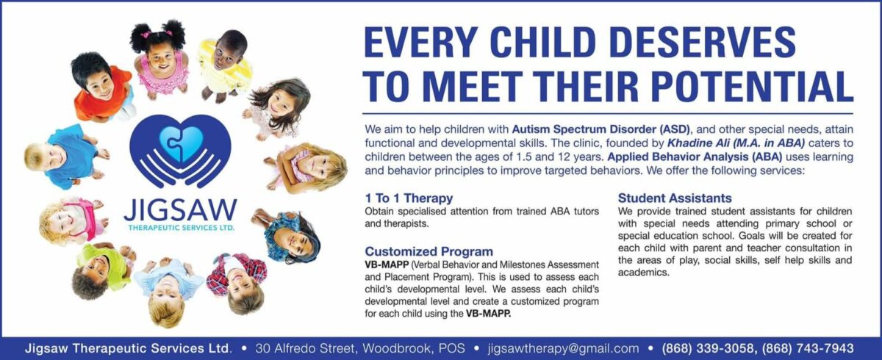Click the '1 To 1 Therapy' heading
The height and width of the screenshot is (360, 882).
click(x=409, y=198)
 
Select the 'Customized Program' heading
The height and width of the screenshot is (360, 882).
click(x=429, y=251)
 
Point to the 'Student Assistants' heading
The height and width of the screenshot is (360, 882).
click(x=675, y=198)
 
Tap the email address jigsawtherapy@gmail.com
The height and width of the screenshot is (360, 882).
click(x=563, y=348)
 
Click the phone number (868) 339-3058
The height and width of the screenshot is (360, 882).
click(x=708, y=348)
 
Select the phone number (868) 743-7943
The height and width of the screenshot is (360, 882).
click(x=808, y=348)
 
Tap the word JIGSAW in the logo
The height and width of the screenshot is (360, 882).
click(x=180, y=211)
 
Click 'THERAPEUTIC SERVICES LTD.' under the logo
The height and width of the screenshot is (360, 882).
click(x=182, y=228)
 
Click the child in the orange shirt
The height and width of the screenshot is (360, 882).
click(x=101, y=88)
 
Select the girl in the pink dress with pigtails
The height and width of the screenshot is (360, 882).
click(x=160, y=59)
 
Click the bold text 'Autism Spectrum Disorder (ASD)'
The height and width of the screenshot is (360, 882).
click(x=601, y=129)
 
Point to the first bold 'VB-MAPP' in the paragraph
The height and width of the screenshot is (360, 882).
click(x=387, y=264)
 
